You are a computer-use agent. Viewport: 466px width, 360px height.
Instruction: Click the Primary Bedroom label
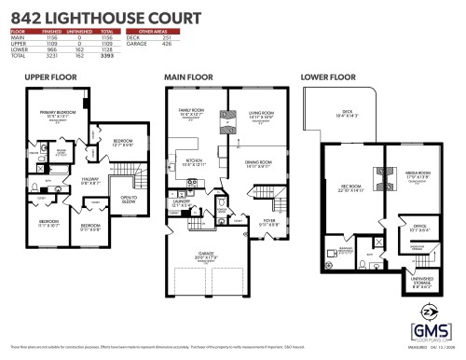click(x=57, y=112)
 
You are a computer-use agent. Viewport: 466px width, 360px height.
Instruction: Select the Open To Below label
click(x=129, y=199)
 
